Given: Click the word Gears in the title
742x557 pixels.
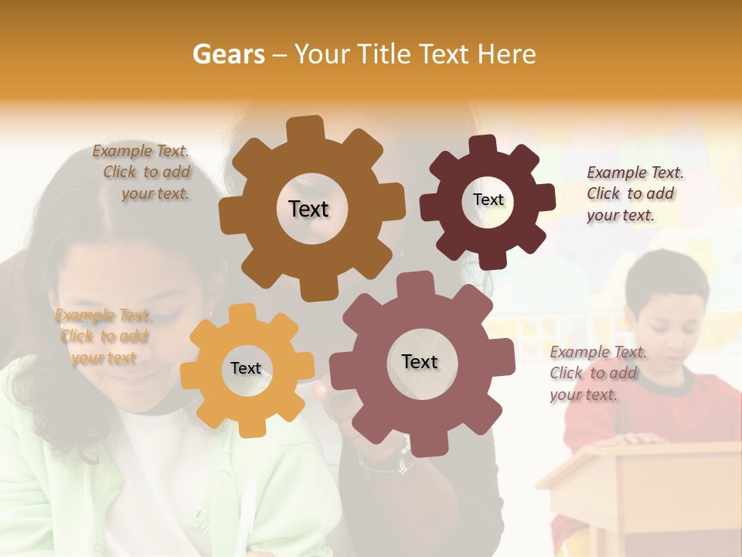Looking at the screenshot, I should pyautogui.click(x=228, y=54).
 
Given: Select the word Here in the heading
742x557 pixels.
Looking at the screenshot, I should pyautogui.click(x=506, y=54).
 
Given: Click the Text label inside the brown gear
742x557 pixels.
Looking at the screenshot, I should pyautogui.click(x=308, y=209).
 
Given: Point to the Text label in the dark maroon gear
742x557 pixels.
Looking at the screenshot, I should pyautogui.click(x=488, y=200).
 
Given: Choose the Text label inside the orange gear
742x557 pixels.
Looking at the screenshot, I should pyautogui.click(x=246, y=368).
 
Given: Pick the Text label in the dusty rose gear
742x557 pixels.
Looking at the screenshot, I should pyautogui.click(x=419, y=361).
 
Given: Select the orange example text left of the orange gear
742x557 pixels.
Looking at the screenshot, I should pyautogui.click(x=104, y=337).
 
